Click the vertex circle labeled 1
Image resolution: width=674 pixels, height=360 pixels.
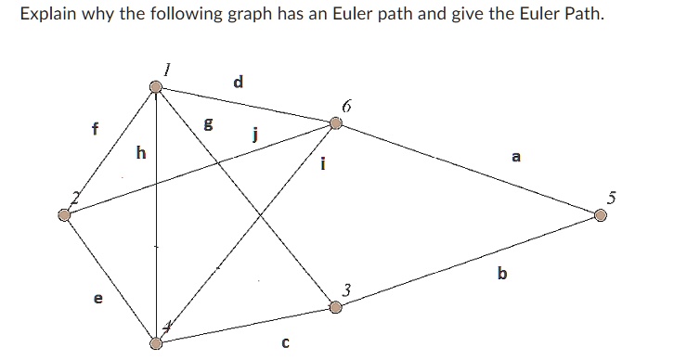coord(157,87)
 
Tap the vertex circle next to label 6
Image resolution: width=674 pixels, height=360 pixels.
coord(336,122)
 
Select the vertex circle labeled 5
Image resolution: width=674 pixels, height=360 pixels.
coord(601,215)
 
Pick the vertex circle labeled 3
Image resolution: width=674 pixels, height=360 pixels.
coord(336,306)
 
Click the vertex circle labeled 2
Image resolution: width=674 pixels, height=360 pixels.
coord(64,215)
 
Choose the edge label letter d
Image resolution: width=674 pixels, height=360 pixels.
coord(239,82)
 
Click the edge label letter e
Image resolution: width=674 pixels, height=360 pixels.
coord(98,300)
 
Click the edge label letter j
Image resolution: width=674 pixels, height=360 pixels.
coord(253,136)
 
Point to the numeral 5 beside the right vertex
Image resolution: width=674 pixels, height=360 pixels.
coord(611,196)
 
